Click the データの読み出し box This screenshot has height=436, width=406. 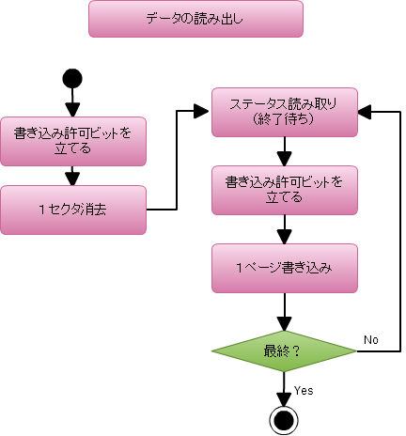(195, 19)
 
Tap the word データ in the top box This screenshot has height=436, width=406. (165, 19)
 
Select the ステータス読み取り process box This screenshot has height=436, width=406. (284, 112)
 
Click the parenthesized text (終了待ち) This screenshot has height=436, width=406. (284, 120)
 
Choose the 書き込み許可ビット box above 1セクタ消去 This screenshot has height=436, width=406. (73, 141)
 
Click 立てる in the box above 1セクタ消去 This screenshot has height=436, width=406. (72, 148)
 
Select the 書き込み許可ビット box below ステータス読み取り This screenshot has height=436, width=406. (284, 190)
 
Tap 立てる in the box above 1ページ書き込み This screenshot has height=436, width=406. (284, 198)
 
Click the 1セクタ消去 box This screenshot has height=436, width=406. (73, 210)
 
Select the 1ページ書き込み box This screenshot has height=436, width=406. (284, 268)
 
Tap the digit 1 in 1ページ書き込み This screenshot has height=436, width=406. (241, 268)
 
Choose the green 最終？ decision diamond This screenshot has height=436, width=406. (284, 351)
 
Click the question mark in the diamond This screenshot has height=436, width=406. (297, 351)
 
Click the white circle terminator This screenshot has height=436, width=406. (284, 419)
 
